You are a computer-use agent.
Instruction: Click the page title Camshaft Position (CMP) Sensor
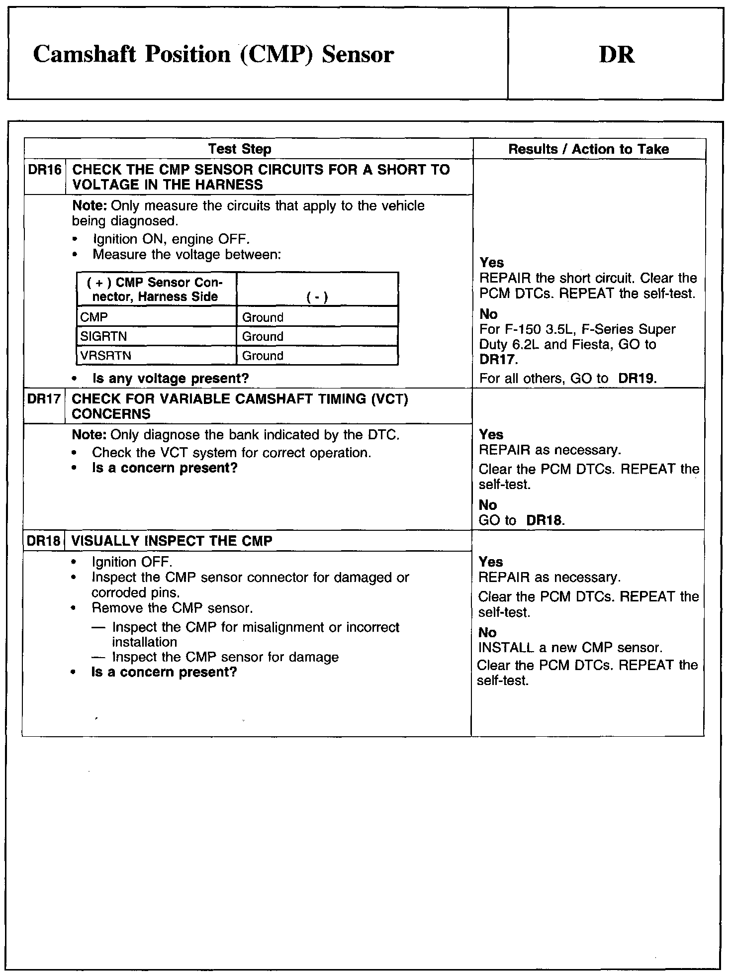[x=213, y=54]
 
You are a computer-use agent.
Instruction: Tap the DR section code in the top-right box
[x=617, y=54]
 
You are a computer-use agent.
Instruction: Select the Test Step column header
[x=240, y=149]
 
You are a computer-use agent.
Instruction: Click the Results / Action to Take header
[x=588, y=149]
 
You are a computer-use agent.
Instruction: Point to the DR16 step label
[x=45, y=170]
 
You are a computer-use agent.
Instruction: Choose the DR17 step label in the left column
[x=44, y=399]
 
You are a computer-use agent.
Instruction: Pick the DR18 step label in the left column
[x=44, y=541]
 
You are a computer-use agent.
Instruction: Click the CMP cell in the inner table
[x=94, y=317]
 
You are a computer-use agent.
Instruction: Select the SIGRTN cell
[x=103, y=336]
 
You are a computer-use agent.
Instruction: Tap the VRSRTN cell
[x=105, y=356]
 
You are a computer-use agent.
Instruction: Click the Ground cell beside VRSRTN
[x=263, y=356]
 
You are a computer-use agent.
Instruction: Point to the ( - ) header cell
[x=317, y=297]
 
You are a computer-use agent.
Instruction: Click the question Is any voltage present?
[x=171, y=379]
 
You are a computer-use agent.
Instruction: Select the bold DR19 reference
[x=637, y=379]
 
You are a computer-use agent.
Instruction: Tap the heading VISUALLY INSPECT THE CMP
[x=172, y=541]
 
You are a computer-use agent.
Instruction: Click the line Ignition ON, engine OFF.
[x=171, y=239]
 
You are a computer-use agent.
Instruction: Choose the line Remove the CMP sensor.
[x=172, y=608]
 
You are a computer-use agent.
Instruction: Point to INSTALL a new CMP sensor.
[x=570, y=648]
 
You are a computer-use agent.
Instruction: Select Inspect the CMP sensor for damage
[x=225, y=657]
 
